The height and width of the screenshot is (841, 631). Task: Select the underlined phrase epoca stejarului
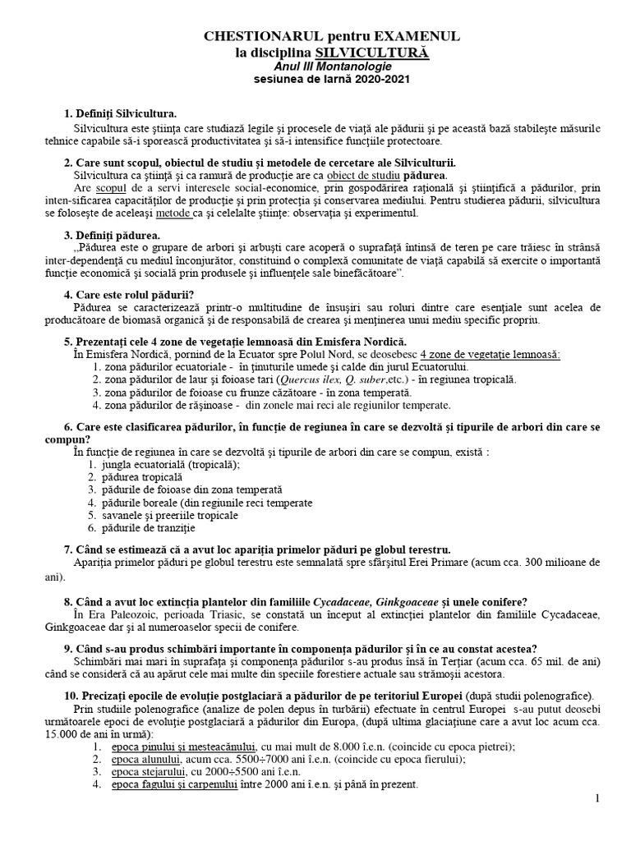tap(144, 772)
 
